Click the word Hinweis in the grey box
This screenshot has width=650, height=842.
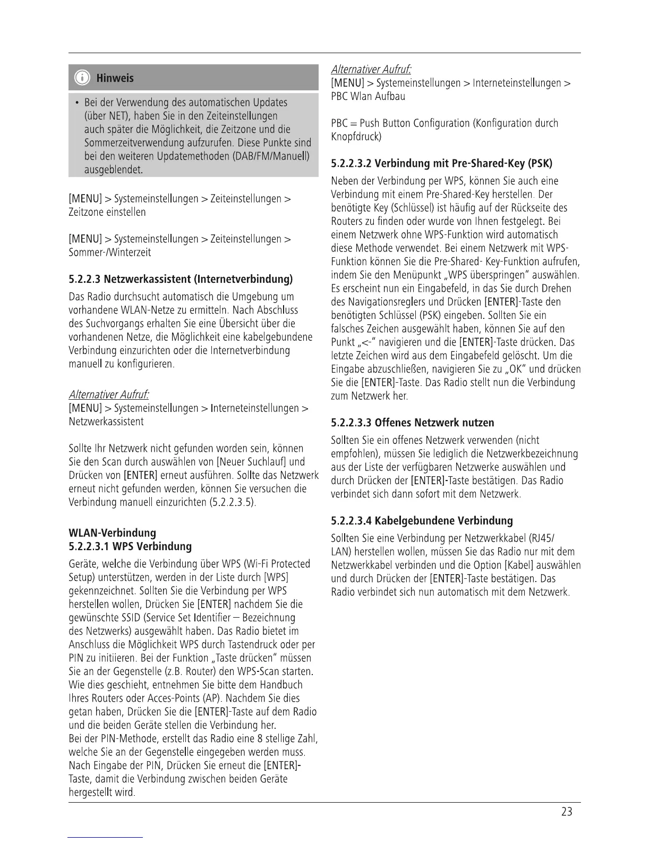[x=115, y=78]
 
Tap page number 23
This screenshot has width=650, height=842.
[x=567, y=812]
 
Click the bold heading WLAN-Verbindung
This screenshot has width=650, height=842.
[x=113, y=533]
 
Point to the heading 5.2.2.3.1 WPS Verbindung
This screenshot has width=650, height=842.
[x=130, y=546]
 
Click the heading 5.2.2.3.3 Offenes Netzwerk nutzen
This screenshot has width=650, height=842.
[x=412, y=423]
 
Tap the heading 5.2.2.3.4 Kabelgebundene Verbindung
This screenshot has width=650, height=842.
[x=422, y=520]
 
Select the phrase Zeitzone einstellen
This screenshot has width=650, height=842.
[x=107, y=212]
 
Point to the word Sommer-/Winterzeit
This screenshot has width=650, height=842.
[x=110, y=252]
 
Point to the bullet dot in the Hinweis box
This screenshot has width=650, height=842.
[x=78, y=102]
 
